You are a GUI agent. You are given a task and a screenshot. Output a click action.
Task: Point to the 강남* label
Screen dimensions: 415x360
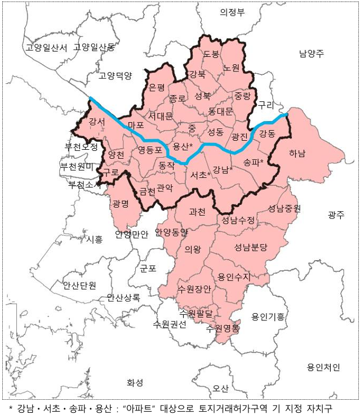[x=223, y=169]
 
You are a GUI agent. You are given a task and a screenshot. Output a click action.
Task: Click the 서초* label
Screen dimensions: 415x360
[x=201, y=175]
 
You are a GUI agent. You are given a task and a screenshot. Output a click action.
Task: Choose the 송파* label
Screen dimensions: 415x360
[x=254, y=162]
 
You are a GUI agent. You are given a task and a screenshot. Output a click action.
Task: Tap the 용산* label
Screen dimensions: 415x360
[x=183, y=146]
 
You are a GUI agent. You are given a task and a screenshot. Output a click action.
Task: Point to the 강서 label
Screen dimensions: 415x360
[x=89, y=121]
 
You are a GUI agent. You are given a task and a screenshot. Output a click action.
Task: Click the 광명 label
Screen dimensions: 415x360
[x=121, y=203]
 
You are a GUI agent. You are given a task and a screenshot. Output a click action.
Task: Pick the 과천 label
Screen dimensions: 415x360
[x=197, y=212]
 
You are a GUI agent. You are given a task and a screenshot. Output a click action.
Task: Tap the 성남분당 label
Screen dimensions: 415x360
[x=251, y=247]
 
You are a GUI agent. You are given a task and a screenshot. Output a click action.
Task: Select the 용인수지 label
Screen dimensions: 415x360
[x=234, y=276]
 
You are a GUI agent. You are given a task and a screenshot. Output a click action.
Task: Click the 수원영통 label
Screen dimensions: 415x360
[x=223, y=327]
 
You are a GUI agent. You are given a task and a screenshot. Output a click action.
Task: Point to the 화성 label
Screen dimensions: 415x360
[x=135, y=382]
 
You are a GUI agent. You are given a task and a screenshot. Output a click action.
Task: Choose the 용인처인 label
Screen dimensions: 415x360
[x=323, y=368]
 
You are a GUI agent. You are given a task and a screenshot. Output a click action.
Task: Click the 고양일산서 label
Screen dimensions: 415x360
[x=46, y=47]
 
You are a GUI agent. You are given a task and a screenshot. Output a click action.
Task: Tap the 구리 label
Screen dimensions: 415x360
[x=265, y=105]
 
